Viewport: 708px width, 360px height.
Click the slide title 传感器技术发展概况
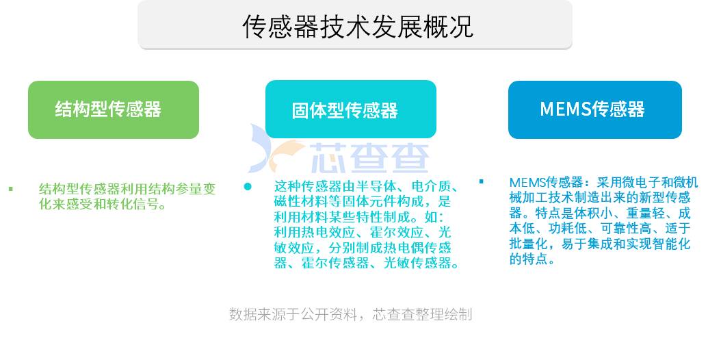click(357, 27)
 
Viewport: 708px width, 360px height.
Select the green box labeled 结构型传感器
click(114, 110)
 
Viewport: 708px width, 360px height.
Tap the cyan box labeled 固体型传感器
click(351, 110)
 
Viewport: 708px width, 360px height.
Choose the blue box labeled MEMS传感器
click(594, 110)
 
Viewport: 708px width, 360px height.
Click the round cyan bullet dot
click(248, 186)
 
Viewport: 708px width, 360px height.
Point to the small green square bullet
click(10, 189)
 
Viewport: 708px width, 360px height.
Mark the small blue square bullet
click(482, 181)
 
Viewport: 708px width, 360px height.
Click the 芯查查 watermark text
click(369, 158)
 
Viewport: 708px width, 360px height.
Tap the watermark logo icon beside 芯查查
click(276, 149)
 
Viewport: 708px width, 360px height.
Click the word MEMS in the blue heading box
click(565, 110)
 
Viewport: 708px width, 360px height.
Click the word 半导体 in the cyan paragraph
click(376, 186)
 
